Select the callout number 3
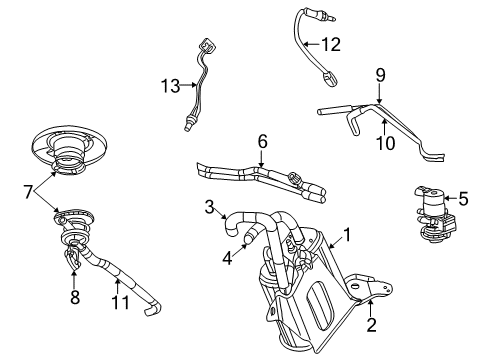point(210,206)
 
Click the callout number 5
point(463,198)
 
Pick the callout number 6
point(261,141)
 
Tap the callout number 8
point(73,296)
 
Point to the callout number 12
point(331,43)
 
